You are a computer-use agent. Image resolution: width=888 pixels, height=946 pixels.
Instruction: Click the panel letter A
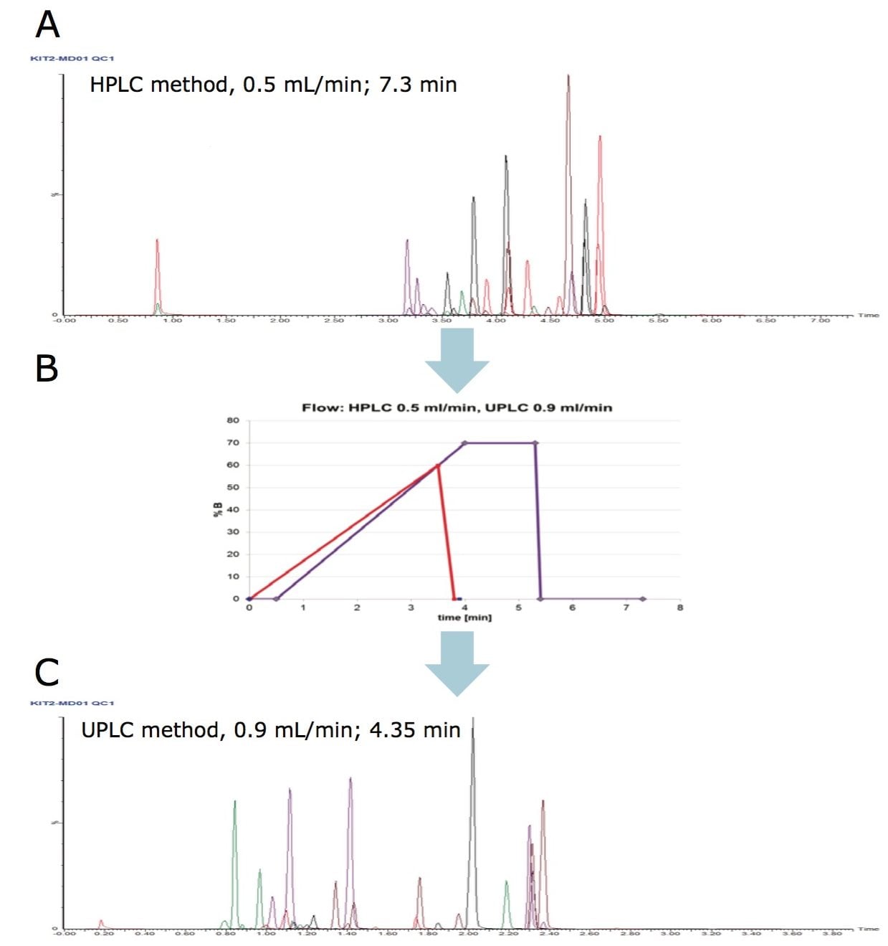(x=47, y=25)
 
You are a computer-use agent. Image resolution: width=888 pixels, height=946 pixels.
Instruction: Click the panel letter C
(x=47, y=673)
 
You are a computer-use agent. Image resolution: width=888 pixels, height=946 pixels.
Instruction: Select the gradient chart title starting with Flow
(x=457, y=407)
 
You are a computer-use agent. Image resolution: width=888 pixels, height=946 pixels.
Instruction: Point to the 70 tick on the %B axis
(x=233, y=443)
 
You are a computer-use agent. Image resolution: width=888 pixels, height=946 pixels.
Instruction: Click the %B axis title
(x=216, y=510)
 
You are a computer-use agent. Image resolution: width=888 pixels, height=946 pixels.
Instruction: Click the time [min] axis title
(x=464, y=618)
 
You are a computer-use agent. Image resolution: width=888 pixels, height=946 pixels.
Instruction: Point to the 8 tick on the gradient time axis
(x=679, y=607)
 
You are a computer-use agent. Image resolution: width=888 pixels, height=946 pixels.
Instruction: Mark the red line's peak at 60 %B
(x=438, y=465)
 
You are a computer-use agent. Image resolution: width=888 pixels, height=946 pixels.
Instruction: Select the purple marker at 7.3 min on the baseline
(x=642, y=599)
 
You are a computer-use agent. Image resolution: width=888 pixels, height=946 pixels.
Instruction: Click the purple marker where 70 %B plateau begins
(x=464, y=443)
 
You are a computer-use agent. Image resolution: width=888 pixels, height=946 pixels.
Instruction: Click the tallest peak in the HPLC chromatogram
(x=568, y=76)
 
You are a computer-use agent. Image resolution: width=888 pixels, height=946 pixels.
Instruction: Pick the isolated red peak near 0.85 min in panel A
(x=157, y=241)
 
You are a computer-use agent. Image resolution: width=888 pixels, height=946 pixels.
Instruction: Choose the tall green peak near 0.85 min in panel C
(x=234, y=802)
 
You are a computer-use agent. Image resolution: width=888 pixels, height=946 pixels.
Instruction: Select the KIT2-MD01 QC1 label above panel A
(x=72, y=58)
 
